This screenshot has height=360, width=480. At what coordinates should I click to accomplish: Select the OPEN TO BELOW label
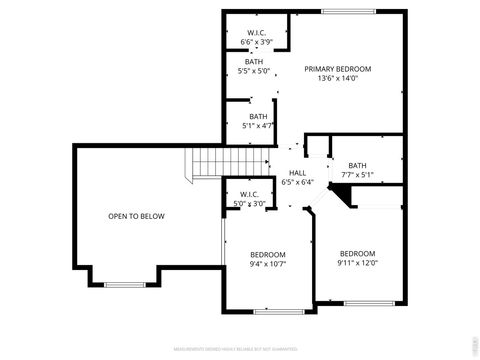[137, 216]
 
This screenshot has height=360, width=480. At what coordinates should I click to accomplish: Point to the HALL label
[298, 173]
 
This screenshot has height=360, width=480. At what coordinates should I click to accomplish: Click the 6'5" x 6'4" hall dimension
[298, 183]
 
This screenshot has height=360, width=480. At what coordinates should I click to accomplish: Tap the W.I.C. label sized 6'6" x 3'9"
[255, 33]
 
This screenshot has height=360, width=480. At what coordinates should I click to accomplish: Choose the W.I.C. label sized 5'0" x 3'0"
[249, 194]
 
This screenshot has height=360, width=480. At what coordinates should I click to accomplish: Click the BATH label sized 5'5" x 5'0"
[255, 61]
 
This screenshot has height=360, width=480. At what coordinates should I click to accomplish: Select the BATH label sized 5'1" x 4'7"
[259, 116]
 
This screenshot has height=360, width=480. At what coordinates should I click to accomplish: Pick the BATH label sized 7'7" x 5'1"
[358, 165]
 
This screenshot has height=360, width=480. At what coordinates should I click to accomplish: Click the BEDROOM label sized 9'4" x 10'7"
[268, 254]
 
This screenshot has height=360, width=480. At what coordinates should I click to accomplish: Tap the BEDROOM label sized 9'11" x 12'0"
[357, 253]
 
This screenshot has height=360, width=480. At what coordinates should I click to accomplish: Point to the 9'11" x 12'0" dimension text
[357, 263]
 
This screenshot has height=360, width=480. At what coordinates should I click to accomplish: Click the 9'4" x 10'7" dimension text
[268, 264]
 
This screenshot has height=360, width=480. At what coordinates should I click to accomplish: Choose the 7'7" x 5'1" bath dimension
[358, 175]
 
